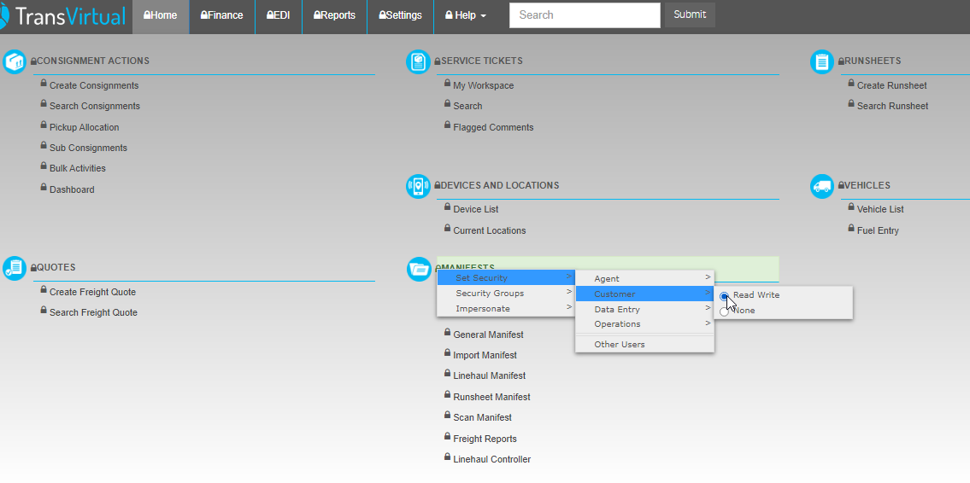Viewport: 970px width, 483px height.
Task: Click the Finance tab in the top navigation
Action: [x=222, y=15]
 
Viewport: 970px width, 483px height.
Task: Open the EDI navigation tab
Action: [x=279, y=15]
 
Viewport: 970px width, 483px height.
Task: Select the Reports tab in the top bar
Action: [x=335, y=15]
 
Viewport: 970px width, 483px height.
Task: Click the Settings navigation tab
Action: [x=400, y=15]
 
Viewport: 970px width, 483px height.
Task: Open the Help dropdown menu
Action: [x=465, y=15]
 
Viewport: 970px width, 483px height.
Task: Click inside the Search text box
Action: [x=585, y=15]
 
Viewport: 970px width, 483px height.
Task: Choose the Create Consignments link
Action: [x=94, y=86]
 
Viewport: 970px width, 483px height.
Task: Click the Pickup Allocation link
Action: [x=84, y=127]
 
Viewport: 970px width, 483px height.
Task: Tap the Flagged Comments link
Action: [x=493, y=127]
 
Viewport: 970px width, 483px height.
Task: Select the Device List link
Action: [x=476, y=209]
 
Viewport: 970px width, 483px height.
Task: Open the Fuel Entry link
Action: [x=878, y=230]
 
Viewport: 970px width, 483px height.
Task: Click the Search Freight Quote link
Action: [x=93, y=312]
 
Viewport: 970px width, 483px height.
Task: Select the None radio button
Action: [x=724, y=311]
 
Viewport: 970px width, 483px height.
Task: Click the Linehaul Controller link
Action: [x=491, y=459]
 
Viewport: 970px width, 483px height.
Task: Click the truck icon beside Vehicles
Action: [x=822, y=186]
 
